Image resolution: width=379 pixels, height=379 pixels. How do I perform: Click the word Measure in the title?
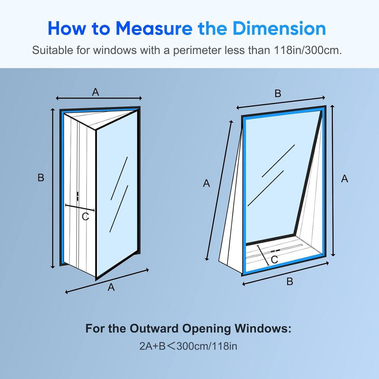pos(154,28)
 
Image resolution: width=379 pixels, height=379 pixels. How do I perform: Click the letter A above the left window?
pos(96,92)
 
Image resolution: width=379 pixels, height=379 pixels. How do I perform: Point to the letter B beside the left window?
pos(41,178)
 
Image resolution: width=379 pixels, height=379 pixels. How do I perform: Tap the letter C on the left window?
pos(85,216)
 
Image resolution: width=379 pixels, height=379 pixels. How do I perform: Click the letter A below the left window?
pos(111,287)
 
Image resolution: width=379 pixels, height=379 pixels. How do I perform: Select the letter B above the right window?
pos(278,94)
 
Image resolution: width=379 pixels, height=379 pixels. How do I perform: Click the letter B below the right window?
pos(290,282)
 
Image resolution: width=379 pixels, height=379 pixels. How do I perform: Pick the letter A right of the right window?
pos(345,179)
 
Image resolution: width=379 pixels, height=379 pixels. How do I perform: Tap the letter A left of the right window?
pos(207,183)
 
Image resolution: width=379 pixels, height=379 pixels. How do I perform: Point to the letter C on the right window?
pos(274,260)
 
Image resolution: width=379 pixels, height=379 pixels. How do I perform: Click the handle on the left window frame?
pos(77,196)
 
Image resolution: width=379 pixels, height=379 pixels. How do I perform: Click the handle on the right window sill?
pos(275,251)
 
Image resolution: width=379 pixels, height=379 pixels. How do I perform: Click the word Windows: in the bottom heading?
pos(263,329)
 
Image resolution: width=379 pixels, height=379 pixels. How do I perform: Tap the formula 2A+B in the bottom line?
pos(152,346)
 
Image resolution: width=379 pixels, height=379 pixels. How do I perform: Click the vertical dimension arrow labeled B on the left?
pos(53,188)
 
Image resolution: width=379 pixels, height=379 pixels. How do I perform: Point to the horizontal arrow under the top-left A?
pos(99,98)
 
